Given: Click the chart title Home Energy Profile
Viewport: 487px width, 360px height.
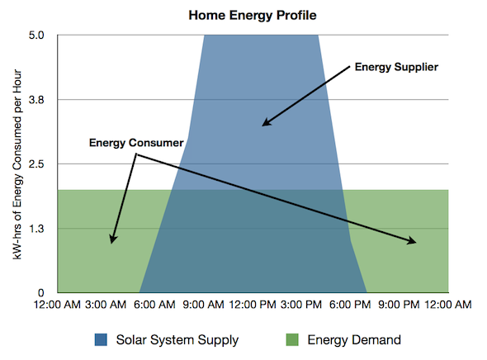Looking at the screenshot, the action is pyautogui.click(x=253, y=15).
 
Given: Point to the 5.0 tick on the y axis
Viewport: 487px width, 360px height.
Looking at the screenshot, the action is pyautogui.click(x=36, y=36).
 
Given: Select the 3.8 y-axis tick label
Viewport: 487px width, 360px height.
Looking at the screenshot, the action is pyautogui.click(x=36, y=100).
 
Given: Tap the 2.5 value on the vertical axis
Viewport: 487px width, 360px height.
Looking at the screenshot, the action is pyautogui.click(x=36, y=164).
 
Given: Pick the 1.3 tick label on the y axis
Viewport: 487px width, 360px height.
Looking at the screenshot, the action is pyautogui.click(x=36, y=229).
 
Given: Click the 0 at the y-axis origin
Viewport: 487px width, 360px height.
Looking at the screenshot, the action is pyautogui.click(x=41, y=292).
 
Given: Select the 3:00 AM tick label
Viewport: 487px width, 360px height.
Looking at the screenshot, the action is pyautogui.click(x=106, y=305).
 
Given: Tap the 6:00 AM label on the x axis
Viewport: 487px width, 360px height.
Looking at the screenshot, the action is pyautogui.click(x=154, y=305).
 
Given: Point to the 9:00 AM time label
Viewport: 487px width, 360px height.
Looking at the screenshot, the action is pyautogui.click(x=203, y=305).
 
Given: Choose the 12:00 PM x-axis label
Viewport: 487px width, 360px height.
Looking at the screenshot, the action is pyautogui.click(x=253, y=305).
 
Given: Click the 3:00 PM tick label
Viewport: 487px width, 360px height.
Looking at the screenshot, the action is pyautogui.click(x=301, y=305).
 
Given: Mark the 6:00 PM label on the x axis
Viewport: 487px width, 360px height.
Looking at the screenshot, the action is pyautogui.click(x=350, y=305).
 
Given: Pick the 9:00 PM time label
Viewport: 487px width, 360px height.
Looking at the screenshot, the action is pyautogui.click(x=400, y=305).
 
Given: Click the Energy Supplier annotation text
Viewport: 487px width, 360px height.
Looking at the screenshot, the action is pyautogui.click(x=397, y=67).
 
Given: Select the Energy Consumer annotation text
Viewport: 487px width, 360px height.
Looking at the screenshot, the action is pyautogui.click(x=136, y=143).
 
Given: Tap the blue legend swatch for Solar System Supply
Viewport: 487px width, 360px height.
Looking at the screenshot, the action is pyautogui.click(x=101, y=340).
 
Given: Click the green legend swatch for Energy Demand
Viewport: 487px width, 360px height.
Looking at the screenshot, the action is pyautogui.click(x=292, y=340).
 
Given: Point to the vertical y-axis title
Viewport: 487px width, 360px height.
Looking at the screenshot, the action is pyautogui.click(x=17, y=164).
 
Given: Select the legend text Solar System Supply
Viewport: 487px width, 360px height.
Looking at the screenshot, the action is pyautogui.click(x=177, y=340).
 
